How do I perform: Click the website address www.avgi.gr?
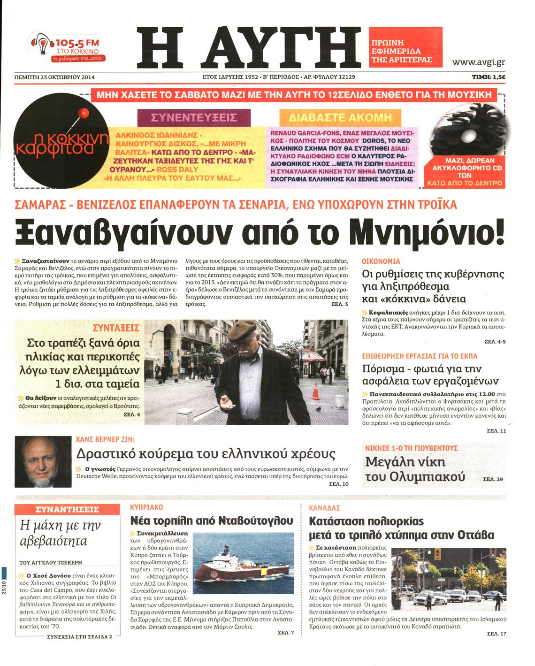(478, 62)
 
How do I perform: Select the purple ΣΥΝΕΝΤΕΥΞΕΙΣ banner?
(194, 117)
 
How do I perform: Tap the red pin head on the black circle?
(84, 113)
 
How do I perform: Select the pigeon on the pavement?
(318, 409)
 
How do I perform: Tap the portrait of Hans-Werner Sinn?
(43, 461)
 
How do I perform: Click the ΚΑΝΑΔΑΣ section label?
(324, 508)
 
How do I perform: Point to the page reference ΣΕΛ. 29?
(492, 479)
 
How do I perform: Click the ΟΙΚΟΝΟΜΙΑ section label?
(381, 261)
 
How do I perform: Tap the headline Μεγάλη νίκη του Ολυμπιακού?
(414, 469)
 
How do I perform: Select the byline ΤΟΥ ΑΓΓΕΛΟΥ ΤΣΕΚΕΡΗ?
(51, 562)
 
